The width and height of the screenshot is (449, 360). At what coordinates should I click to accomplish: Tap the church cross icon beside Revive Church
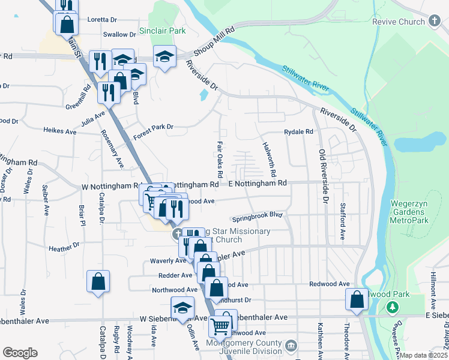point(434,22)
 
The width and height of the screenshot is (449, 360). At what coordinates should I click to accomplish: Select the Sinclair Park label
point(162,30)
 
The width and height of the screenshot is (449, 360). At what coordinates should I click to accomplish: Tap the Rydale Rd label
point(298,131)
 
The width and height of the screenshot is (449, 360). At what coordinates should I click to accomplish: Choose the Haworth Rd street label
point(268,158)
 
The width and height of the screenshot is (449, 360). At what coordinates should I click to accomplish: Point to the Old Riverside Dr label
point(324,175)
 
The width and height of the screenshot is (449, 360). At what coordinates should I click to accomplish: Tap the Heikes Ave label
point(61,131)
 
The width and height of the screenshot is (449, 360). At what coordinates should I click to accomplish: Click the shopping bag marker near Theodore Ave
point(357,299)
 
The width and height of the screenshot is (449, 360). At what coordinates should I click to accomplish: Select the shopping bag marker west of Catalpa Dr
point(98,282)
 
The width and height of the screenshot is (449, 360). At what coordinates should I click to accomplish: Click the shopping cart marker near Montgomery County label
point(220,328)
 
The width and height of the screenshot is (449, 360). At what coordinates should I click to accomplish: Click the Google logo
point(20,353)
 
